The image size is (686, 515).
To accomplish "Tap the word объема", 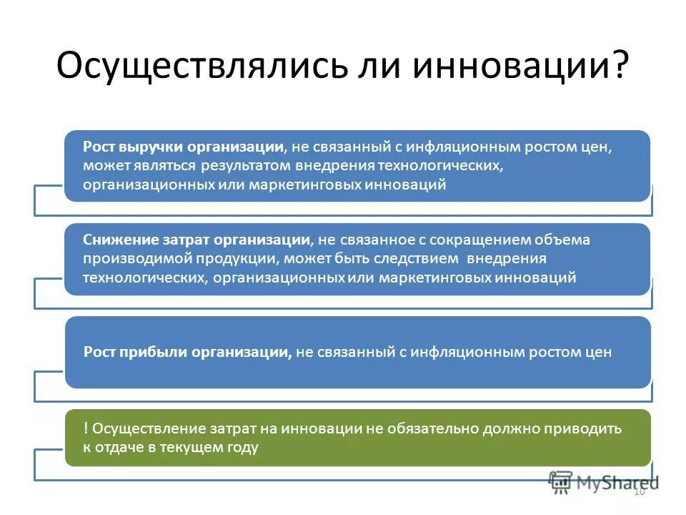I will click(566, 240).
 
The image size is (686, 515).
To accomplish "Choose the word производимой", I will click(127, 259).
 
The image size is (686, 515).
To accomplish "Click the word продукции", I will click(212, 259).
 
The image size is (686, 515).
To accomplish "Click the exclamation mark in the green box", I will click(86, 428).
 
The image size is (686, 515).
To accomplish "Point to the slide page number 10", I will click(639, 491).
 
